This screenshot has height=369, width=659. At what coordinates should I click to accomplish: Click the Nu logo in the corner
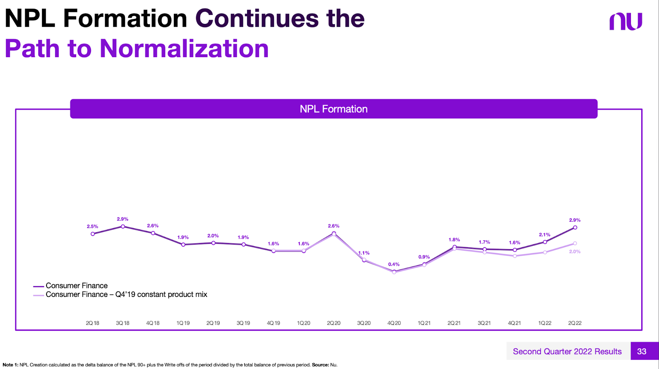[626, 21]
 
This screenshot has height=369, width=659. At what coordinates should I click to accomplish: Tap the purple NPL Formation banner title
[334, 109]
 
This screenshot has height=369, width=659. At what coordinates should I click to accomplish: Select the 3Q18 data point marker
[123, 227]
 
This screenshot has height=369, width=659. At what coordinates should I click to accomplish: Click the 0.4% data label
[394, 264]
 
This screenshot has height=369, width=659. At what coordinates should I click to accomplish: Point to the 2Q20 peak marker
[334, 234]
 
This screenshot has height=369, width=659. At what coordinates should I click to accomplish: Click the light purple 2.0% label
[575, 252]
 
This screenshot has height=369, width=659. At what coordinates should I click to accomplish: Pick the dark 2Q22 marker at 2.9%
[575, 227]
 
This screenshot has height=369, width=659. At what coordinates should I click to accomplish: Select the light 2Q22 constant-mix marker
[575, 243]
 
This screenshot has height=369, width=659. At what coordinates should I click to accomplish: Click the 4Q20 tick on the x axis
[394, 323]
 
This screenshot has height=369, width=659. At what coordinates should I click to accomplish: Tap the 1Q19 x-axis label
[183, 323]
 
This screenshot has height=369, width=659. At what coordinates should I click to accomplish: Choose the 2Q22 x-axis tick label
[575, 323]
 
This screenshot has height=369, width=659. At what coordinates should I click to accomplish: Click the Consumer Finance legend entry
[77, 286]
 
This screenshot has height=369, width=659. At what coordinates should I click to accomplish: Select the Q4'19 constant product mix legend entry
[126, 294]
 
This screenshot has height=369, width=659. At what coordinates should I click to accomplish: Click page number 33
[641, 351]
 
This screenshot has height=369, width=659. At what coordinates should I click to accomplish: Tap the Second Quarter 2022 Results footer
[567, 351]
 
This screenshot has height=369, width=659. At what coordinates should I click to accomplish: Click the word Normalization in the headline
[184, 49]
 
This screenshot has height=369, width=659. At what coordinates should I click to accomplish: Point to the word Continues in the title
[257, 19]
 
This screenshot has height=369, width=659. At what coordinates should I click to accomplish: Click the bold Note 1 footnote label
[10, 365]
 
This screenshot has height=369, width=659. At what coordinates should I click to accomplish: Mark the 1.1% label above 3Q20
[364, 253]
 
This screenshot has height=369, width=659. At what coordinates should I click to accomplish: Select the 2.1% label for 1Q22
[544, 235]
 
